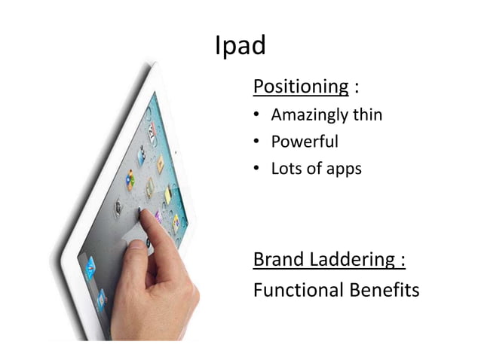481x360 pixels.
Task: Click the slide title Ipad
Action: pyautogui.click(x=240, y=47)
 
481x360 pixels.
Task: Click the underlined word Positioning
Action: pyautogui.click(x=300, y=87)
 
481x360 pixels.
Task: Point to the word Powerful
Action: pyautogui.click(x=305, y=142)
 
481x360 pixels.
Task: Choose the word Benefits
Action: pyautogui.click(x=384, y=290)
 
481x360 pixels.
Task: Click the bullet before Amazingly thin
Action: pyautogui.click(x=257, y=116)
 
